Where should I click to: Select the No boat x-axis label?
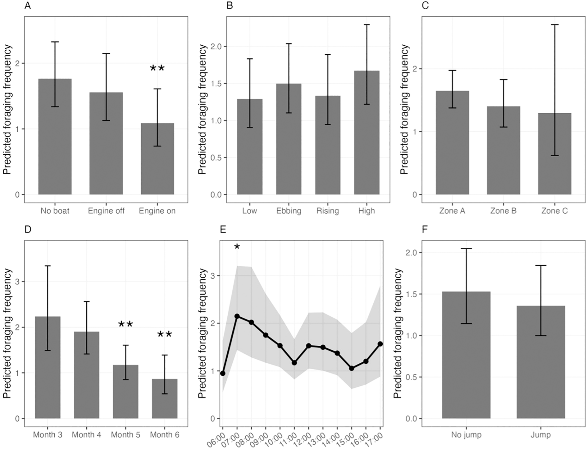click(55, 211)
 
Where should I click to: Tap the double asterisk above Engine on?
click(157, 68)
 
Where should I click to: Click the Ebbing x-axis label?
click(289, 211)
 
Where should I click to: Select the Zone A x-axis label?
click(452, 211)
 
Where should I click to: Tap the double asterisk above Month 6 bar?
click(165, 334)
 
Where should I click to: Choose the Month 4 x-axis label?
click(86, 435)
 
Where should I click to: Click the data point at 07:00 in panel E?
click(237, 316)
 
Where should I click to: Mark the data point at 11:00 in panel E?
click(294, 363)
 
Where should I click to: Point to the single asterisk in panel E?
click(237, 247)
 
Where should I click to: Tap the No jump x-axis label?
click(466, 435)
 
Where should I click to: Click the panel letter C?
click(425, 6)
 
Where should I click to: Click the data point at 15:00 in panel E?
click(352, 368)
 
